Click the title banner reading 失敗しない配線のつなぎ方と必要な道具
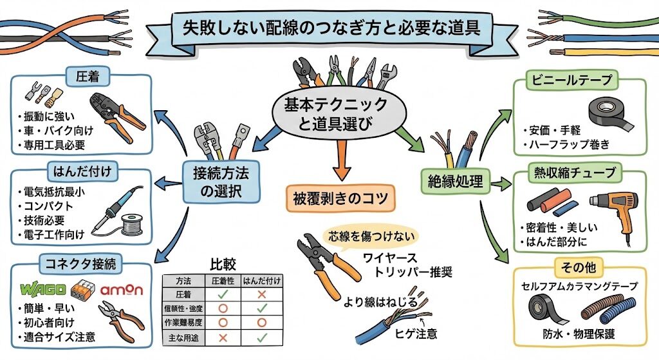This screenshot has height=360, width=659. [x=329, y=29]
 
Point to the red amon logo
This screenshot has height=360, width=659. [x=122, y=290]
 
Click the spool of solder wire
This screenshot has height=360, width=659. [x=132, y=227]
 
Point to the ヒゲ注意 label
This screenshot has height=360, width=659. [x=416, y=334]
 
